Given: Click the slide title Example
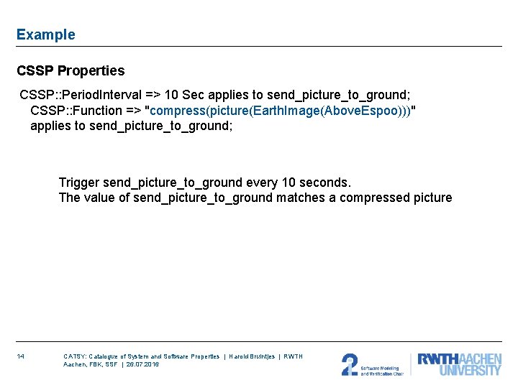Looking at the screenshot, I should pyautogui.click(x=45, y=34).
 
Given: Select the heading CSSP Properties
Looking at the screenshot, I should pyautogui.click(x=71, y=71).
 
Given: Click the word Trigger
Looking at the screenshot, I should pyautogui.click(x=79, y=183).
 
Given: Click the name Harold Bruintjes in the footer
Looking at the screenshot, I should pyautogui.click(x=251, y=356).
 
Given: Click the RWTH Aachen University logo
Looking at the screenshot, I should pyautogui.click(x=459, y=364).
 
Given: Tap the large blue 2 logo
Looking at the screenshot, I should pyautogui.click(x=349, y=364).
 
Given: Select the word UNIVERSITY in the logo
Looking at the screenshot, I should pyautogui.click(x=471, y=371).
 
